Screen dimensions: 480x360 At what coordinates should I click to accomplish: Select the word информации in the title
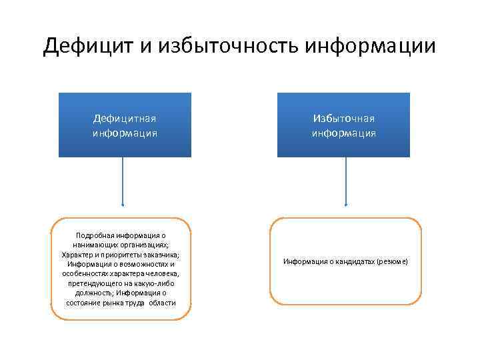370,46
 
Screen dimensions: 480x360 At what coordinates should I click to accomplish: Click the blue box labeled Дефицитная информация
125,125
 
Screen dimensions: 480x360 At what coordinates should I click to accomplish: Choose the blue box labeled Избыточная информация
343,125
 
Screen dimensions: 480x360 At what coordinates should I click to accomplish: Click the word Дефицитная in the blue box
125,119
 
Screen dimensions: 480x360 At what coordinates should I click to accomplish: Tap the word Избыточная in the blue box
343,119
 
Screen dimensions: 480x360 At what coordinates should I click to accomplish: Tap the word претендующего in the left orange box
97,283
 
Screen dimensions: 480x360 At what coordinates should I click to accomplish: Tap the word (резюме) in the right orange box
391,262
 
